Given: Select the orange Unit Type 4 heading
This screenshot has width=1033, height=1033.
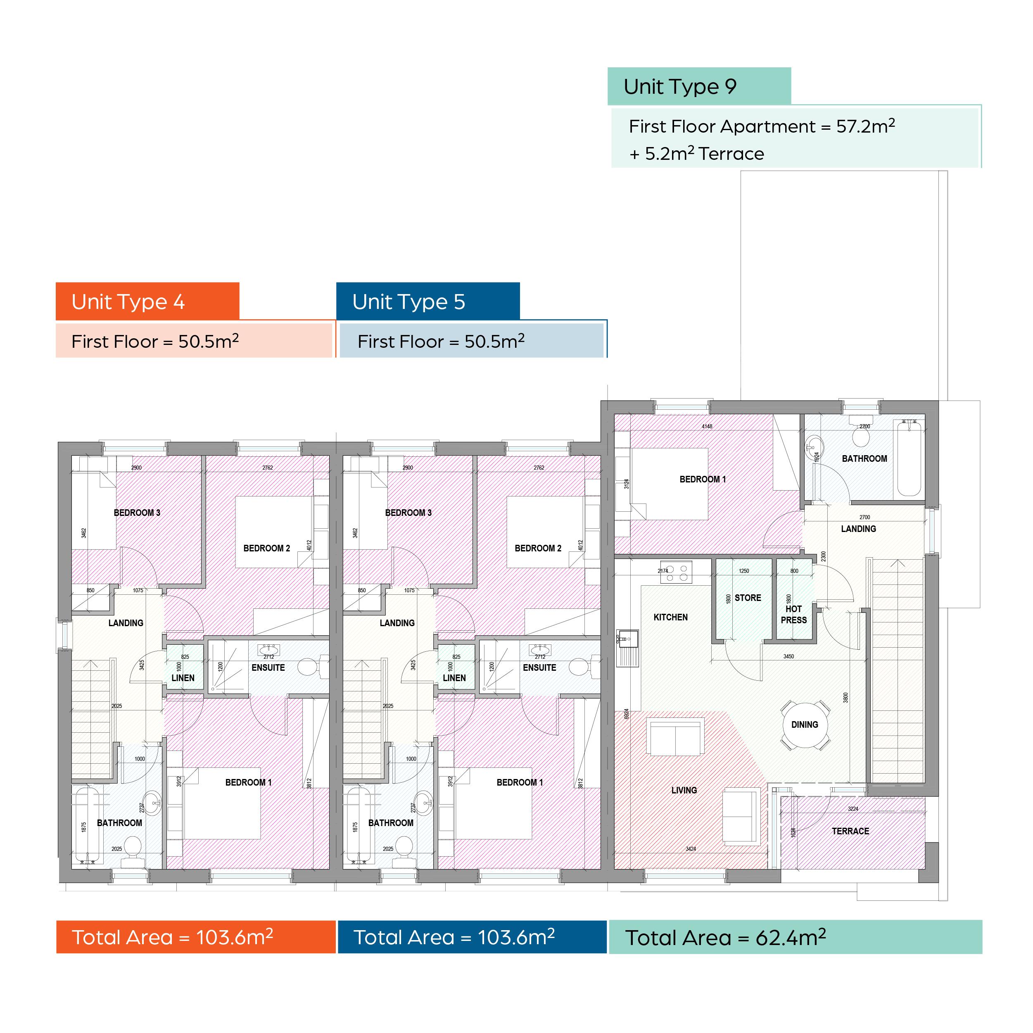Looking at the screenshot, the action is pyautogui.click(x=128, y=302).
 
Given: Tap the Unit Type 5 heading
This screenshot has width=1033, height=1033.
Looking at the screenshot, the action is pyautogui.click(x=408, y=302).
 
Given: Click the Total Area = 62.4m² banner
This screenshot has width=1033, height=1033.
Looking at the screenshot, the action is pyautogui.click(x=796, y=937).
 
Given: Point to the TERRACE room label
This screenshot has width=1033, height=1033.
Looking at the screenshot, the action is pyautogui.click(x=850, y=831).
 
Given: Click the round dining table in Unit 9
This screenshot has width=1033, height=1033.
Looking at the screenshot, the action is pyautogui.click(x=805, y=725).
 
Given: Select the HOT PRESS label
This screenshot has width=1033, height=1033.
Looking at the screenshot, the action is pyautogui.click(x=793, y=614).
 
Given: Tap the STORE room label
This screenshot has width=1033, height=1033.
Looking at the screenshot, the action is pyautogui.click(x=748, y=598).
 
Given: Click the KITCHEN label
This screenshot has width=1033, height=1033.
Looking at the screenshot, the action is pyautogui.click(x=670, y=617).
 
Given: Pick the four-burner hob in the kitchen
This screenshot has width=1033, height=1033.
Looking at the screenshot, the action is pyautogui.click(x=677, y=572).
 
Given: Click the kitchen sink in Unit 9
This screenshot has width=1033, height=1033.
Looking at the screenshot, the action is pyautogui.click(x=628, y=648).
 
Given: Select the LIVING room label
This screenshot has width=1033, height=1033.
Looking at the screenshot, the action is pyautogui.click(x=684, y=790).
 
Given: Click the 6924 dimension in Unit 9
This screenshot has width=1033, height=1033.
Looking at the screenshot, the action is pyautogui.click(x=626, y=714).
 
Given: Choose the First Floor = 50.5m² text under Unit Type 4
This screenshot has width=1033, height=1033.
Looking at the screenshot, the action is pyautogui.click(x=155, y=341).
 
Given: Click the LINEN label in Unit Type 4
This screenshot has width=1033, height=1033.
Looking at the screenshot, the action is pyautogui.click(x=183, y=678).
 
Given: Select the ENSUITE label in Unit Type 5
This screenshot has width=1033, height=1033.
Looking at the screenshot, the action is pyautogui.click(x=539, y=668).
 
